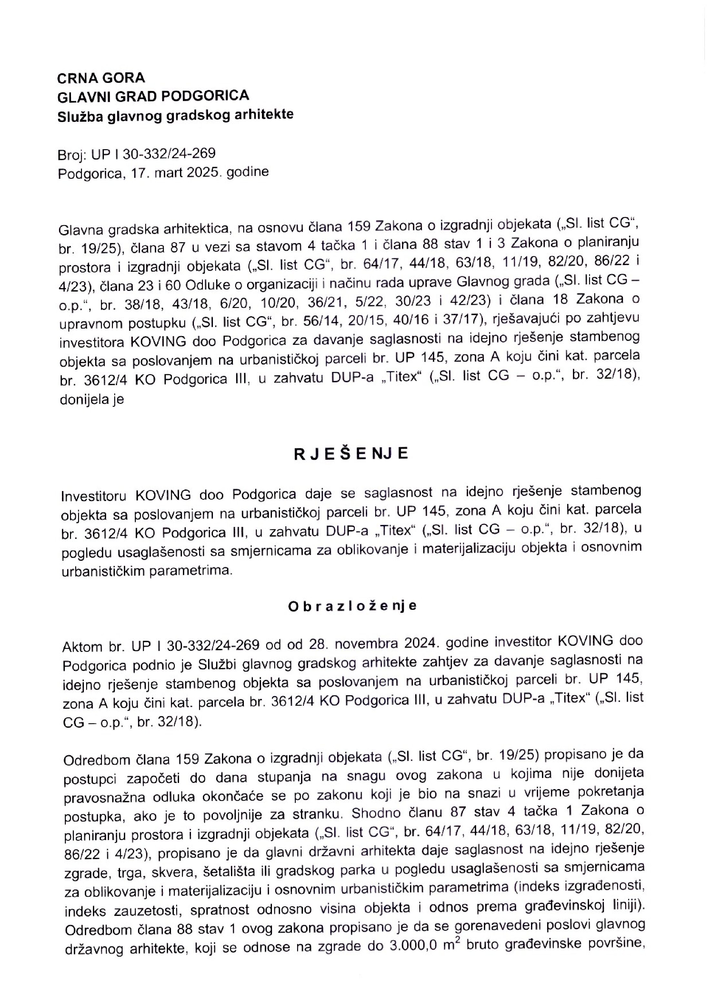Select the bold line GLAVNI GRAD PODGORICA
pos(153,96)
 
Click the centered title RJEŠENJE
pos(351,454)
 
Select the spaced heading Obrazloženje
pos(352,606)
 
